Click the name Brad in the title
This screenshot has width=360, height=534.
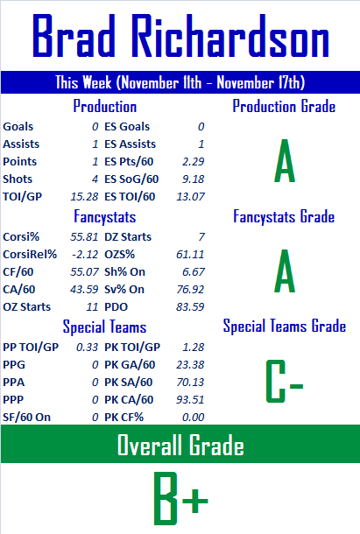74,35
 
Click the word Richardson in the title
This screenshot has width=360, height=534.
232,35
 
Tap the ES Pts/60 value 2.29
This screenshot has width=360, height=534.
193,161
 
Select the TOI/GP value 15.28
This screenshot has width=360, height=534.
84,196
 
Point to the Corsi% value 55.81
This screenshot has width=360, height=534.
84,236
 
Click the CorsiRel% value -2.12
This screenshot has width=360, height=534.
85,255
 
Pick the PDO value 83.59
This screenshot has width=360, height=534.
190,307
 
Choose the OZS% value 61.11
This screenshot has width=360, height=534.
190,255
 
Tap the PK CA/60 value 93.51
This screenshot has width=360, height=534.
190,399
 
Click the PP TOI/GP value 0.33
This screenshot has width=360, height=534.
88,347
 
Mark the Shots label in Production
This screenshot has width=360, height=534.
18,179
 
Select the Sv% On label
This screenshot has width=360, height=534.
124,290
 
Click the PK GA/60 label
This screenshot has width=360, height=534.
130,365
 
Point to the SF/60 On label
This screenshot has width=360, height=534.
26,418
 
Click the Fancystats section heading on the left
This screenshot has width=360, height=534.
105,217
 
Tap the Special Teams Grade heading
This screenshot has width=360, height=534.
285,326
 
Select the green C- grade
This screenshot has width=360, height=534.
284,382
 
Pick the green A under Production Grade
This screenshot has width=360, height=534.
285,161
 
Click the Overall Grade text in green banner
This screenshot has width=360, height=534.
180,445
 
